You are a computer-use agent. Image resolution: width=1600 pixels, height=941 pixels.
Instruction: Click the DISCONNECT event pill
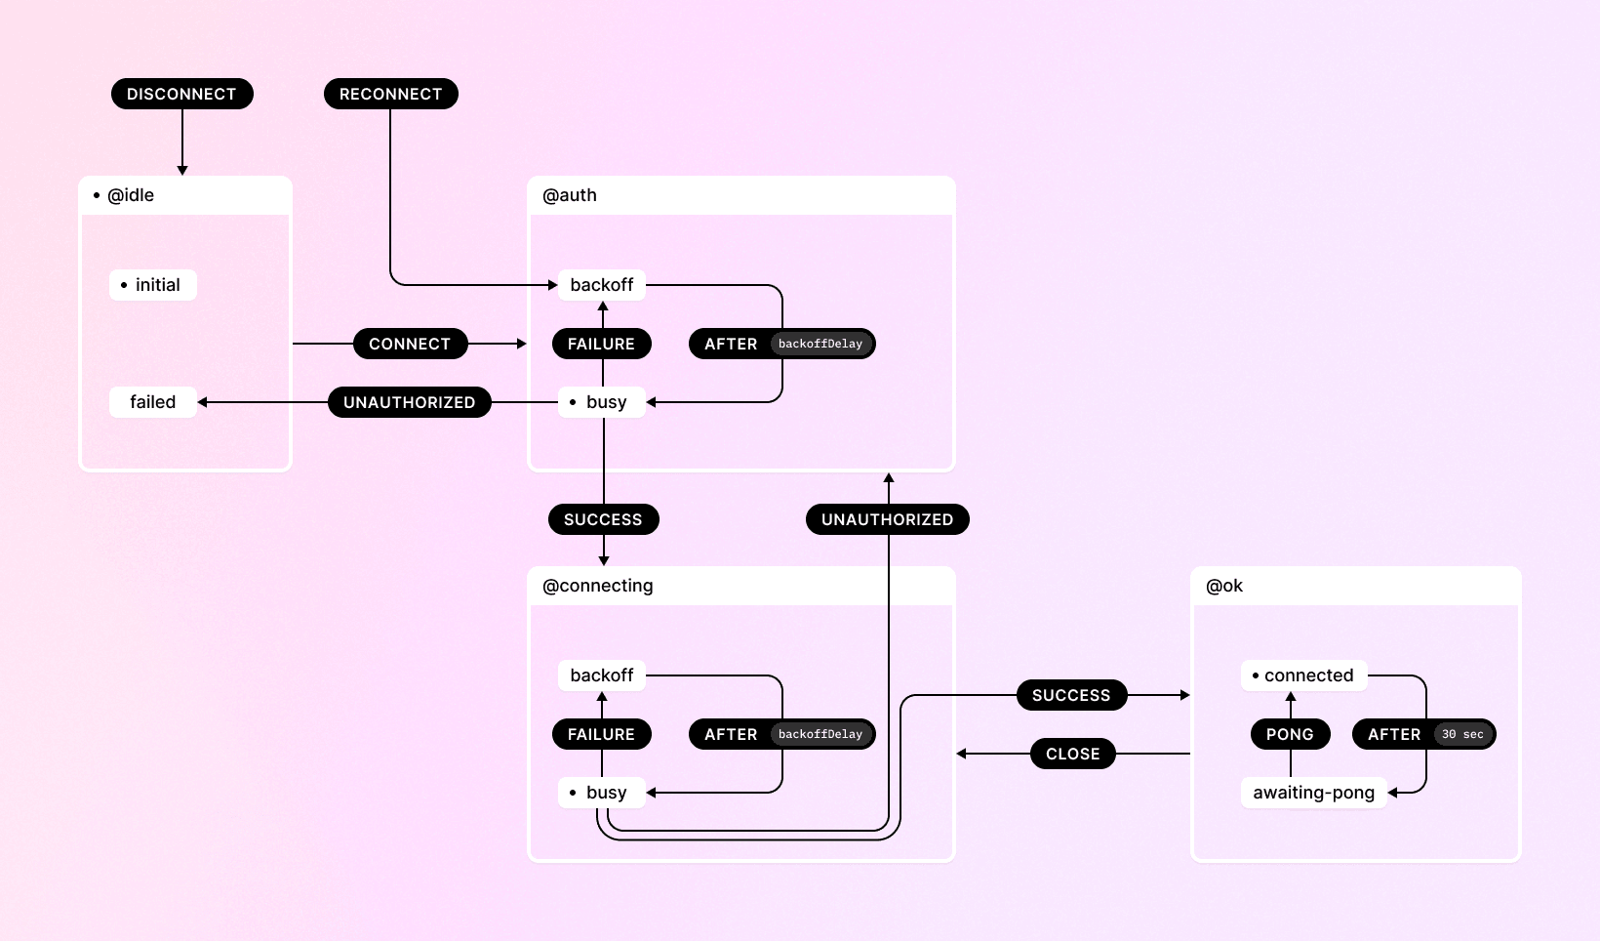click(181, 94)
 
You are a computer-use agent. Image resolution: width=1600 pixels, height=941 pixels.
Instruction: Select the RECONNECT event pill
click(390, 94)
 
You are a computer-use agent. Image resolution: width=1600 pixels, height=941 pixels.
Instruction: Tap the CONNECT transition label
click(410, 344)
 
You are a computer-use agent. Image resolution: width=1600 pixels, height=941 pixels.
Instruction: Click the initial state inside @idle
click(153, 285)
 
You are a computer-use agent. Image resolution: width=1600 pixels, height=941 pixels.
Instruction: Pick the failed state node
click(153, 402)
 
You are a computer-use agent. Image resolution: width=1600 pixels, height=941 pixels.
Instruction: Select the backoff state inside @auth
click(602, 285)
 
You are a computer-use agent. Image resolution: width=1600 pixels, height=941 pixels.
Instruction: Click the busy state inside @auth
click(602, 402)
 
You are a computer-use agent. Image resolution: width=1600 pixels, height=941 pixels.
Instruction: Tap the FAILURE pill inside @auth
click(601, 344)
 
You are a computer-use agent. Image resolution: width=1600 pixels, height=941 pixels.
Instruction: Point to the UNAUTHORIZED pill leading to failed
click(410, 402)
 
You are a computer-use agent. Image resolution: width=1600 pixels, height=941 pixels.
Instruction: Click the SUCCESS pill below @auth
click(603, 519)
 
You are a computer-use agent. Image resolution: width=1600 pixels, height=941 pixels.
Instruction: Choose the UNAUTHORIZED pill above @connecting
click(887, 519)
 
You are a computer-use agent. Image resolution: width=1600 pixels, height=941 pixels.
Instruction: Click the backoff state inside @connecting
click(602, 675)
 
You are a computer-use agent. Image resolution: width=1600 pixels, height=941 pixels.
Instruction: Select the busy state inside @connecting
click(602, 793)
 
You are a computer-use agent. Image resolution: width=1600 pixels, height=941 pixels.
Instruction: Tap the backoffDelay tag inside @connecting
click(820, 734)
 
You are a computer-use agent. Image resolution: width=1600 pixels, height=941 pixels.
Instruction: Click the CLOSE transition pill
click(1072, 754)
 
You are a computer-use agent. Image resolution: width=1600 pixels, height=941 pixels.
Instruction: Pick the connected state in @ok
click(1304, 675)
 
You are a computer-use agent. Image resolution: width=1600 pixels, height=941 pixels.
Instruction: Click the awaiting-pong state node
click(1313, 793)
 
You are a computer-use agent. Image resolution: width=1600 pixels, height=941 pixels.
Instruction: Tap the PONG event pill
click(1290, 734)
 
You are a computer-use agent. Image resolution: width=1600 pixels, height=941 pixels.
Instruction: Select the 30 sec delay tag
click(1462, 734)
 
